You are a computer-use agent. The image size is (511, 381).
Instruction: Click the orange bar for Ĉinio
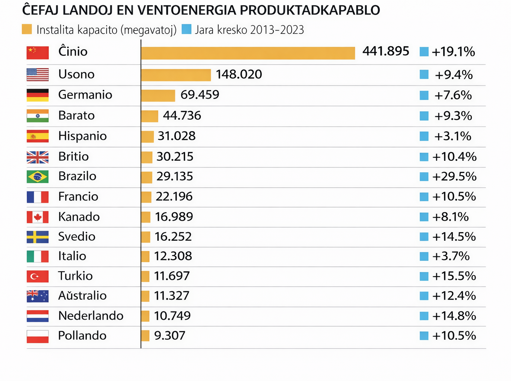(x=248, y=53)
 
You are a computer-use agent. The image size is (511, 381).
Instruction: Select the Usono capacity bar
(x=176, y=75)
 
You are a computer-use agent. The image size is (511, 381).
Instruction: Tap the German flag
(x=38, y=95)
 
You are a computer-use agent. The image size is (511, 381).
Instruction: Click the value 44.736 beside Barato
(x=182, y=116)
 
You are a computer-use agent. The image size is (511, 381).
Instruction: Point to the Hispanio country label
(x=82, y=136)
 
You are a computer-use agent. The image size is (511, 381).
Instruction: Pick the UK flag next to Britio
(x=38, y=157)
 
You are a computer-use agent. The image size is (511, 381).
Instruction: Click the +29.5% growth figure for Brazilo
(x=454, y=176)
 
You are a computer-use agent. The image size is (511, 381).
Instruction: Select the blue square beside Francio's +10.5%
(x=424, y=196)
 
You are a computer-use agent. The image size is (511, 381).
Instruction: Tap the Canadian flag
(x=38, y=217)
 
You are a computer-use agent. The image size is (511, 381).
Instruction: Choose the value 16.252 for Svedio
(x=173, y=237)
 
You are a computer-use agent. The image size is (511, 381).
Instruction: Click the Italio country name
(x=72, y=256)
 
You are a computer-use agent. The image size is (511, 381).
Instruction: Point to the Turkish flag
(x=38, y=276)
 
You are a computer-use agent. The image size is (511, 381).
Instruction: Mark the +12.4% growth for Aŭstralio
(x=454, y=296)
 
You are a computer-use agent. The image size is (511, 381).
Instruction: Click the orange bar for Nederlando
(x=145, y=316)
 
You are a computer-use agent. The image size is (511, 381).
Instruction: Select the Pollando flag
(x=38, y=336)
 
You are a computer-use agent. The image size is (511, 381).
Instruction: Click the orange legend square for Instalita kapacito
(x=27, y=29)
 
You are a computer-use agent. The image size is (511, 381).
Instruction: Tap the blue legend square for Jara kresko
(x=186, y=29)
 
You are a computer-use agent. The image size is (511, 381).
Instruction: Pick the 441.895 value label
(x=385, y=51)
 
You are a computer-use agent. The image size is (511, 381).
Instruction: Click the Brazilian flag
(x=38, y=176)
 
